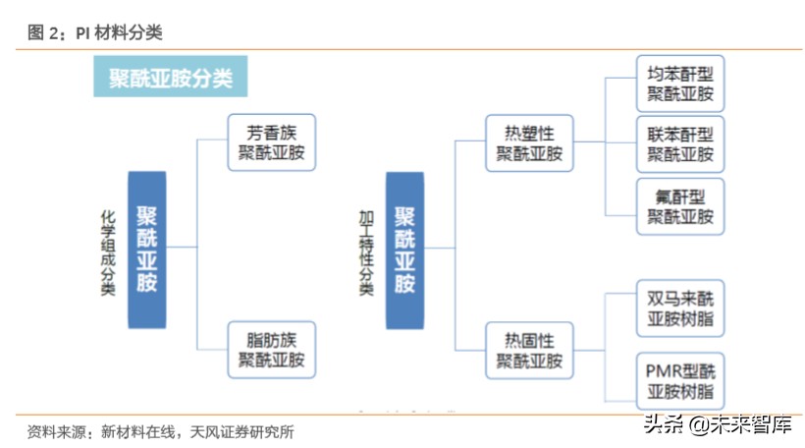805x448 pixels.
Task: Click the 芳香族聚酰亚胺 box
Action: pyautogui.click(x=271, y=141)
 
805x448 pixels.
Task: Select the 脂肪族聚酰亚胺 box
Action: pyautogui.click(x=271, y=350)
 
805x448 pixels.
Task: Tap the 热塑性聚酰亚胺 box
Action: pyautogui.click(x=529, y=142)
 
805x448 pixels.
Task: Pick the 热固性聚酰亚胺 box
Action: pyautogui.click(x=529, y=351)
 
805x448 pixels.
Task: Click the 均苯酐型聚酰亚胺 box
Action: pyautogui.click(x=680, y=84)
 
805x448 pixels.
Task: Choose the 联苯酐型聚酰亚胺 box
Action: pyautogui.click(x=680, y=144)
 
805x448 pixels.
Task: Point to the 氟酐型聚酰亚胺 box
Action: pyautogui.click(x=680, y=205)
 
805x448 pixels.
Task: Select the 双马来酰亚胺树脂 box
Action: pyautogui.click(x=680, y=309)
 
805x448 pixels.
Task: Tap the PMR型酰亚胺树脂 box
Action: pyautogui.click(x=680, y=382)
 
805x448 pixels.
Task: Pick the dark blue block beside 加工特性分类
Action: pyautogui.click(x=404, y=249)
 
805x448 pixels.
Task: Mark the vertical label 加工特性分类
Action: pyautogui.click(x=367, y=251)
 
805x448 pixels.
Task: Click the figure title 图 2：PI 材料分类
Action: pyautogui.click(x=95, y=32)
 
